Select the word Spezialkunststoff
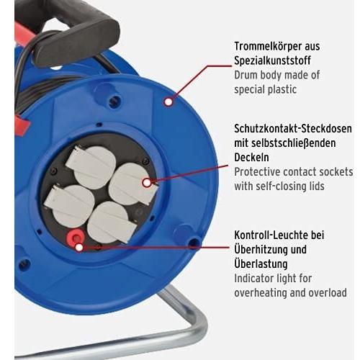(272, 60)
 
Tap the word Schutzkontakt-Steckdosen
(293, 129)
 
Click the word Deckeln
(251, 157)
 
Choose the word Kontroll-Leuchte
(271, 235)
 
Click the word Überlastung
(261, 264)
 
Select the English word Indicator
(253, 279)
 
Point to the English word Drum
(246, 75)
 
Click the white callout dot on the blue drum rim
(168, 102)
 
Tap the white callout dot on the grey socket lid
(147, 183)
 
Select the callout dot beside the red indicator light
(79, 247)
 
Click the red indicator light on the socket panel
(76, 238)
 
